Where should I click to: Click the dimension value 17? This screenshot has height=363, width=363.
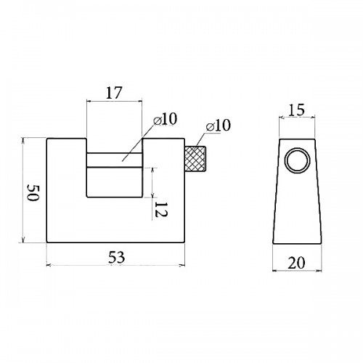pyautogui.click(x=113, y=93)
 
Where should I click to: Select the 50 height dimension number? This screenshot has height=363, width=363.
pyautogui.click(x=33, y=192)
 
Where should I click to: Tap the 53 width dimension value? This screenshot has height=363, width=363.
pyautogui.click(x=116, y=257)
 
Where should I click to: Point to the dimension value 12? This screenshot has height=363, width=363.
pyautogui.click(x=160, y=209)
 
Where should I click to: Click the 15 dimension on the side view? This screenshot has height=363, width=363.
pyautogui.click(x=297, y=110)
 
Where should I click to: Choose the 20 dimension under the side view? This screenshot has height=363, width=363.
pyautogui.click(x=296, y=263)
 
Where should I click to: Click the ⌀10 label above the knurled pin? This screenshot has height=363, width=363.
pyautogui.click(x=219, y=126)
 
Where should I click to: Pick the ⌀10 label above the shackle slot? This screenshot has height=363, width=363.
pyautogui.click(x=166, y=119)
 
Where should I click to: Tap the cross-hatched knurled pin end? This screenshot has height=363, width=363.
pyautogui.click(x=195, y=159)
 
